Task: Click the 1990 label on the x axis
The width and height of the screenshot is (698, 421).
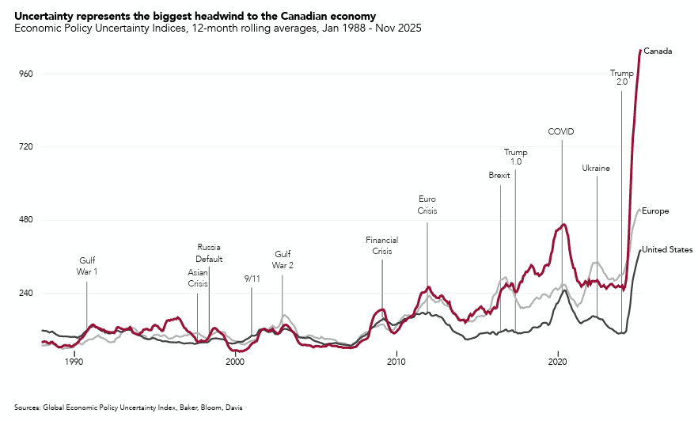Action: tap(74, 362)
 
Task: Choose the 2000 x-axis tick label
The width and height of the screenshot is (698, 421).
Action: tap(235, 362)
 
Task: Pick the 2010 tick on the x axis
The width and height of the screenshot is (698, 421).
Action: tap(396, 362)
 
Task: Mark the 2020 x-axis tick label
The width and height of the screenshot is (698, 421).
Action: tap(558, 362)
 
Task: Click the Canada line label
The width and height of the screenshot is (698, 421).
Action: tap(658, 51)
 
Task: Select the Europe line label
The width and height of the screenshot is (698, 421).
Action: tap(655, 211)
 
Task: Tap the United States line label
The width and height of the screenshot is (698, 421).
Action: tap(667, 250)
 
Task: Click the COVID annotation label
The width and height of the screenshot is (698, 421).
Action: tap(560, 131)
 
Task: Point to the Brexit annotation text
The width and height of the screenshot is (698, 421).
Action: tap(499, 176)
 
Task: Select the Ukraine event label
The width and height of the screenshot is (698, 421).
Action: tap(596, 169)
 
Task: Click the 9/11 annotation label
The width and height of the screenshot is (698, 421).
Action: tap(252, 279)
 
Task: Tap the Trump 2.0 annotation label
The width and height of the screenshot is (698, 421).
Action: tap(621, 77)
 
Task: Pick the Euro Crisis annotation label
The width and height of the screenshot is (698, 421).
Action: tap(427, 205)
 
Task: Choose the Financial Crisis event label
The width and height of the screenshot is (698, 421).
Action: tap(381, 245)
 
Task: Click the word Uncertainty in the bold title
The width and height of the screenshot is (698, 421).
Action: tap(45, 16)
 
